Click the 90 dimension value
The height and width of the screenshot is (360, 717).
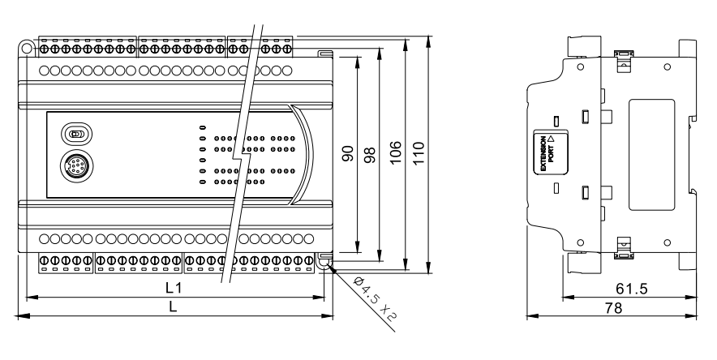point(346,154)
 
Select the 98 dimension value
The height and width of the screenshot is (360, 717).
point(369,154)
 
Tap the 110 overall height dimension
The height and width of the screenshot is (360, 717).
point(419,154)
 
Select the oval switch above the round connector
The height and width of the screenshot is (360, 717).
point(75,134)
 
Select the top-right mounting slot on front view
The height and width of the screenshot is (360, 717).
point(324,54)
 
